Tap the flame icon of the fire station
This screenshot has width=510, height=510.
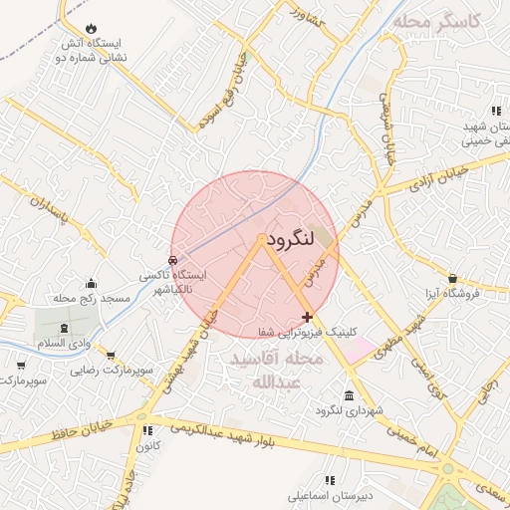(x=92, y=28)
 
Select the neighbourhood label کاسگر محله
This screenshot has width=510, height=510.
(x=437, y=21)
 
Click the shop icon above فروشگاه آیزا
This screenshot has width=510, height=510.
(x=453, y=278)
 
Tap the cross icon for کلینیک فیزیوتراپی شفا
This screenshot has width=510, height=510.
(x=307, y=317)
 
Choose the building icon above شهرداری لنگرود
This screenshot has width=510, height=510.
(x=347, y=395)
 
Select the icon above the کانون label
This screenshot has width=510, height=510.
(x=148, y=431)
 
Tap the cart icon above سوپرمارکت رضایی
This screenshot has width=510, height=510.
(x=110, y=355)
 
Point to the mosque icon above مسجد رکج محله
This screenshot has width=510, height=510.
(x=92, y=284)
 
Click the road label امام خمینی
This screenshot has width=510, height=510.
(x=416, y=438)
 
